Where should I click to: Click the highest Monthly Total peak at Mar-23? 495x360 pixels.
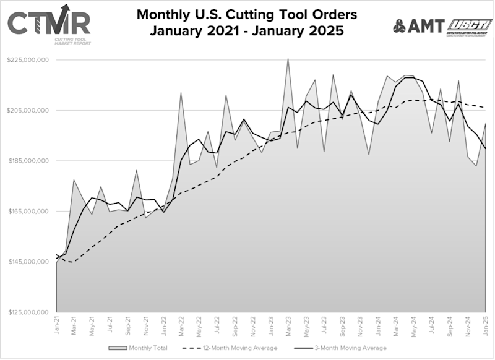click(288, 59)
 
